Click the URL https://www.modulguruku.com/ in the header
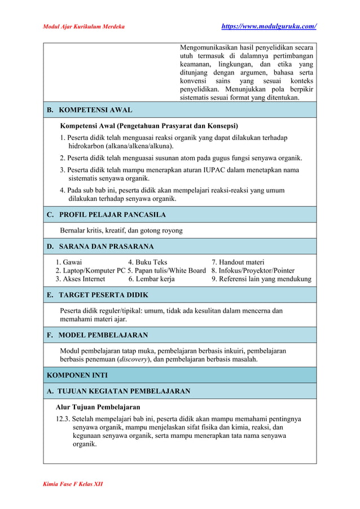click(269, 27)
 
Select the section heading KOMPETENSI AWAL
click(95, 110)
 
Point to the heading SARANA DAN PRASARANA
click(106, 247)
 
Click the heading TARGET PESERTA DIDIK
click(103, 295)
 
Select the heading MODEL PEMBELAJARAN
click(103, 335)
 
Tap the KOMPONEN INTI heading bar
click(77, 375)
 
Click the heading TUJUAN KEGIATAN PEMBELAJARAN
click(124, 391)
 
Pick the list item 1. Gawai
click(68, 262)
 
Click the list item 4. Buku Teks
click(147, 262)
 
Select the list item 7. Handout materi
click(238, 262)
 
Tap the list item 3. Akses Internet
click(80, 279)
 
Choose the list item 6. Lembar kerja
click(151, 279)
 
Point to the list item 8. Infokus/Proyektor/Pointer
click(253, 271)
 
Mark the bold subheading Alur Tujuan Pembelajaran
click(98, 407)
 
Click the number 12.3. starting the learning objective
click(63, 419)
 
